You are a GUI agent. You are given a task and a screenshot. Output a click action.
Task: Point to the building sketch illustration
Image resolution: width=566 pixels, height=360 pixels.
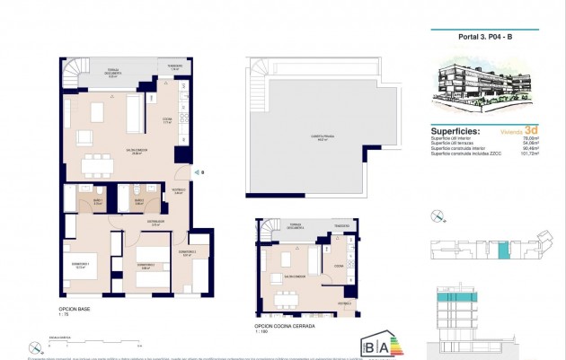(489, 91)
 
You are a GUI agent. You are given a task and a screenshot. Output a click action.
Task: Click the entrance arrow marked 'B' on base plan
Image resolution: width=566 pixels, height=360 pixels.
(196, 171)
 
